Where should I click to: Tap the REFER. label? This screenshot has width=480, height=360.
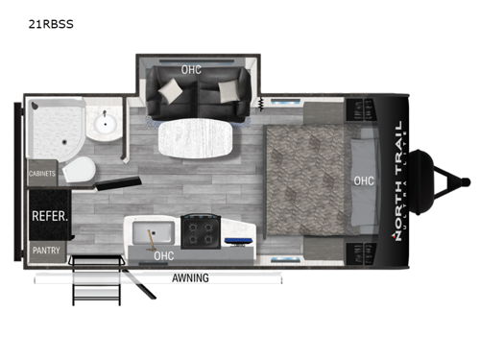pos(50,217)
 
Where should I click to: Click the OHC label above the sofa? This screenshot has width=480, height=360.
pos(191,69)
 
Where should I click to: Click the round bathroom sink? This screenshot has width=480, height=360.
pos(103,128)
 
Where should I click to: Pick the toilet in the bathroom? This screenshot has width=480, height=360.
pos(82,170)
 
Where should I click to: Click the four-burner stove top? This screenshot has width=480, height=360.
pos(201,233)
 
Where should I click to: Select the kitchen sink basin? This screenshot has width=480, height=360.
pos(151,233)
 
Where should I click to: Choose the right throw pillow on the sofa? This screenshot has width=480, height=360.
pos(230,90)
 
